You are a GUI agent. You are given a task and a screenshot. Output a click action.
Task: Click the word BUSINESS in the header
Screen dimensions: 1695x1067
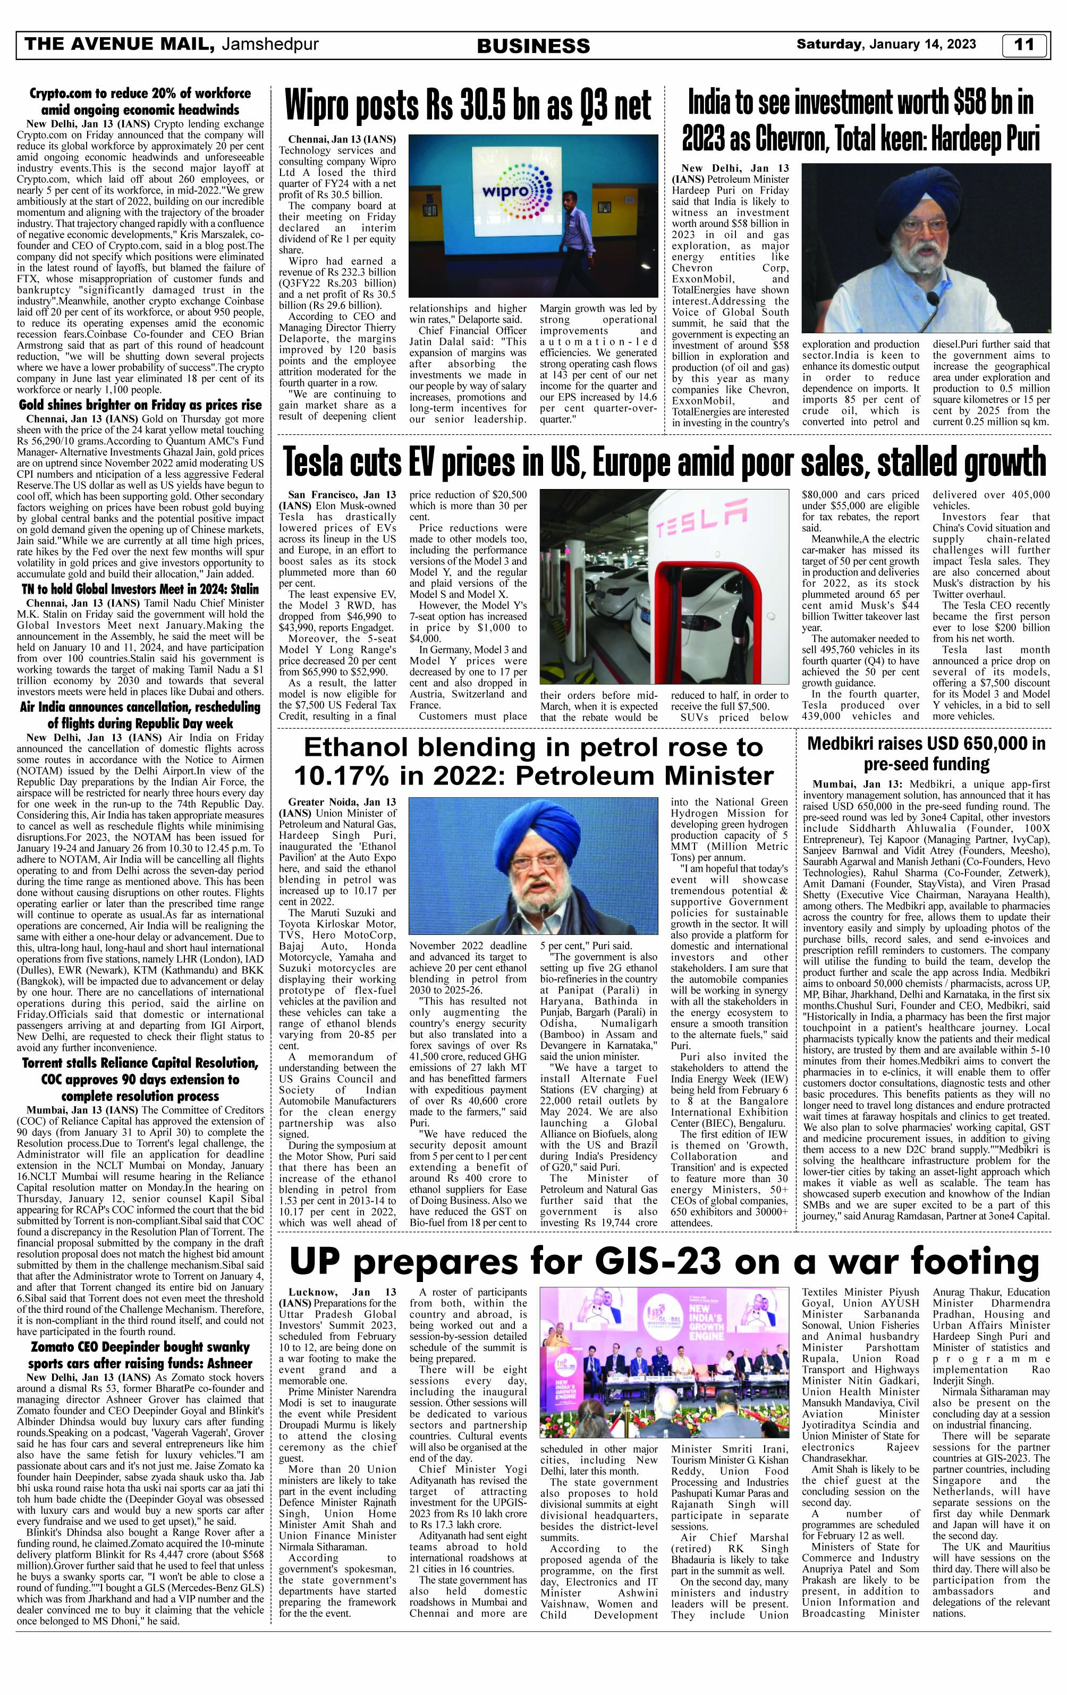(533, 46)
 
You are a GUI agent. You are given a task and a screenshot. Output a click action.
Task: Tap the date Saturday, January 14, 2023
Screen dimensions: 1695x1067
(885, 44)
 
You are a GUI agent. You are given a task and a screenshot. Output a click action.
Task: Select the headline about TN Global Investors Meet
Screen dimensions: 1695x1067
(139, 588)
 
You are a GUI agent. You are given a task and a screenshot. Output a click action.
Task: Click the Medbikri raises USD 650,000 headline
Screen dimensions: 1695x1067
(926, 753)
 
